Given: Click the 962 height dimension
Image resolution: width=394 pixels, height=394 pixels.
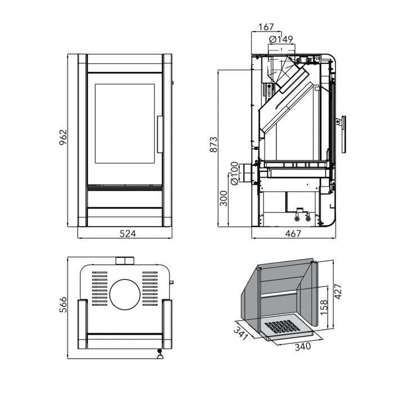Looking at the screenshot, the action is point(63,137).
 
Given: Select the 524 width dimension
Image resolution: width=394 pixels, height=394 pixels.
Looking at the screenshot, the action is point(128,234).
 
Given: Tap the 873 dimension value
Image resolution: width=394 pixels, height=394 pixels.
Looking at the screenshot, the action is point(214,144).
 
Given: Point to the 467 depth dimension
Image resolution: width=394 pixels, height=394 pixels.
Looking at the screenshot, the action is point(293,234).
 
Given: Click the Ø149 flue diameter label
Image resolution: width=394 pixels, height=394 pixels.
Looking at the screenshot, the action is point(281,39).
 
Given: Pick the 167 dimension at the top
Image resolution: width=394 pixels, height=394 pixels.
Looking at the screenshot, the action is point(266,27).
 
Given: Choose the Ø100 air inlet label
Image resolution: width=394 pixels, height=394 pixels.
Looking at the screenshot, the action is point(234,174).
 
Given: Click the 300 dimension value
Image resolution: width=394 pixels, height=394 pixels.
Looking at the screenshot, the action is point(223,198).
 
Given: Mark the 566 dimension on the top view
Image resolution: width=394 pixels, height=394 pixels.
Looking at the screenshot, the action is point(63,305).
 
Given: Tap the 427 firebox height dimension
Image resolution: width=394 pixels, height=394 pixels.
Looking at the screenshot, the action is point(338,292).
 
